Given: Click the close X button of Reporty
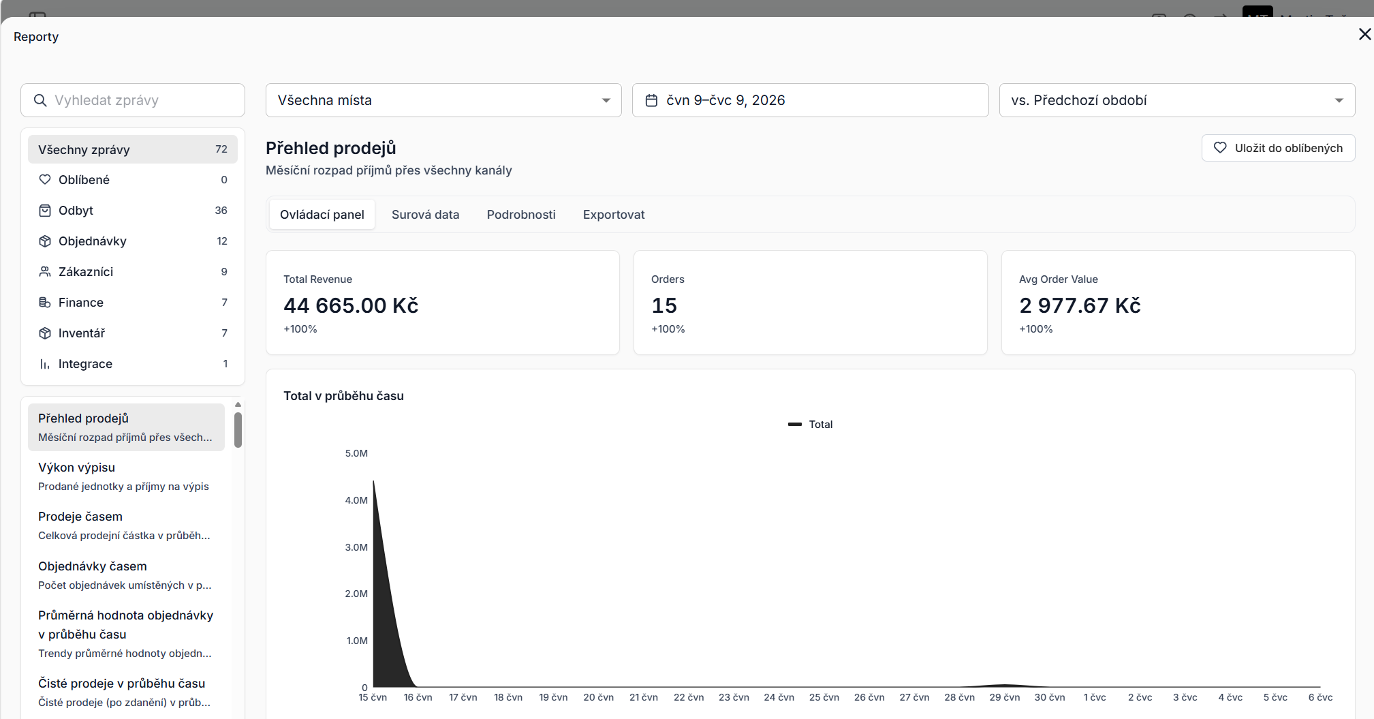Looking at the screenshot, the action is pos(1364,34).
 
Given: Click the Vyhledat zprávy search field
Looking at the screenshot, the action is pos(133,100).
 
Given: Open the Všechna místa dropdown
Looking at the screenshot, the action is pos(443,100).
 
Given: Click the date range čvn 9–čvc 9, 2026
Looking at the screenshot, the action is pos(810,100).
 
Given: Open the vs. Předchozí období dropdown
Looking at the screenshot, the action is pos(1177,100).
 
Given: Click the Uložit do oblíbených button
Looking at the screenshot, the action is pos(1278,148).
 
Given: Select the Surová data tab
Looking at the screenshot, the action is pos(425,215).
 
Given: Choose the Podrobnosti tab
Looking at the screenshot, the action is pos(521,215).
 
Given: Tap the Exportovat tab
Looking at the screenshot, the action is pos(614,215).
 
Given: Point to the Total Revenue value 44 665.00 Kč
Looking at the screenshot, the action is pos(351,305).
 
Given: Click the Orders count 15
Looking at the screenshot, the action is pos(664,305).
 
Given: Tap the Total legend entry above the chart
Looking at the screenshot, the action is pos(810,424).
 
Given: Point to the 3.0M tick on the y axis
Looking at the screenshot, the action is pos(356,547).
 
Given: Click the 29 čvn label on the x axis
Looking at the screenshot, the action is pos(1005,697).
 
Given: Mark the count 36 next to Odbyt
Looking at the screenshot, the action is pos(221,211).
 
